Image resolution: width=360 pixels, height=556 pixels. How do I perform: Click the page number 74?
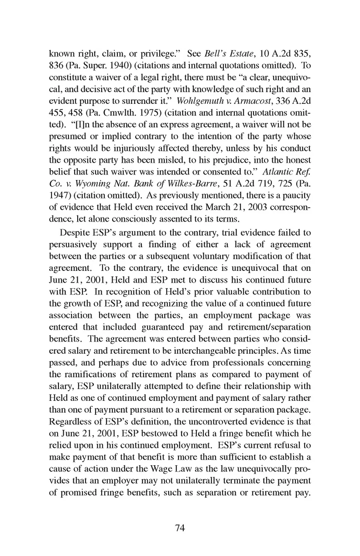coord(180,528)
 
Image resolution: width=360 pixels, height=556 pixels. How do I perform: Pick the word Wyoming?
coord(93,184)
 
